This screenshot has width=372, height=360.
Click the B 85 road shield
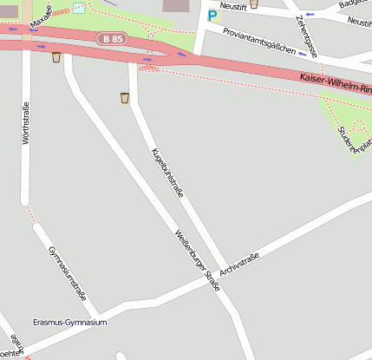click(x=112, y=39)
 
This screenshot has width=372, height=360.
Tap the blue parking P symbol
click(x=212, y=16)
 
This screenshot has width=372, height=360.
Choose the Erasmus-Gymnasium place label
click(x=69, y=323)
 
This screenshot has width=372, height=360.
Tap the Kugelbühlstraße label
click(x=167, y=173)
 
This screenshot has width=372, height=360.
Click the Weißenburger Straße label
click(x=197, y=259)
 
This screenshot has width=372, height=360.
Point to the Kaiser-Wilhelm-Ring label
click(x=335, y=82)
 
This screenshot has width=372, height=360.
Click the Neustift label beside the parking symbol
click(x=234, y=6)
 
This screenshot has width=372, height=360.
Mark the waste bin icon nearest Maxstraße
click(x=56, y=57)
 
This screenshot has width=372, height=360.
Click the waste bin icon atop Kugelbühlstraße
click(x=126, y=98)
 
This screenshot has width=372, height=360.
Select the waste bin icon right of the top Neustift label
click(x=253, y=3)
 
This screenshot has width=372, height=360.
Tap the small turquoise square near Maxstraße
click(x=79, y=8)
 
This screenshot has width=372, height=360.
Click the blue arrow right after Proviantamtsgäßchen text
click(x=302, y=53)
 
